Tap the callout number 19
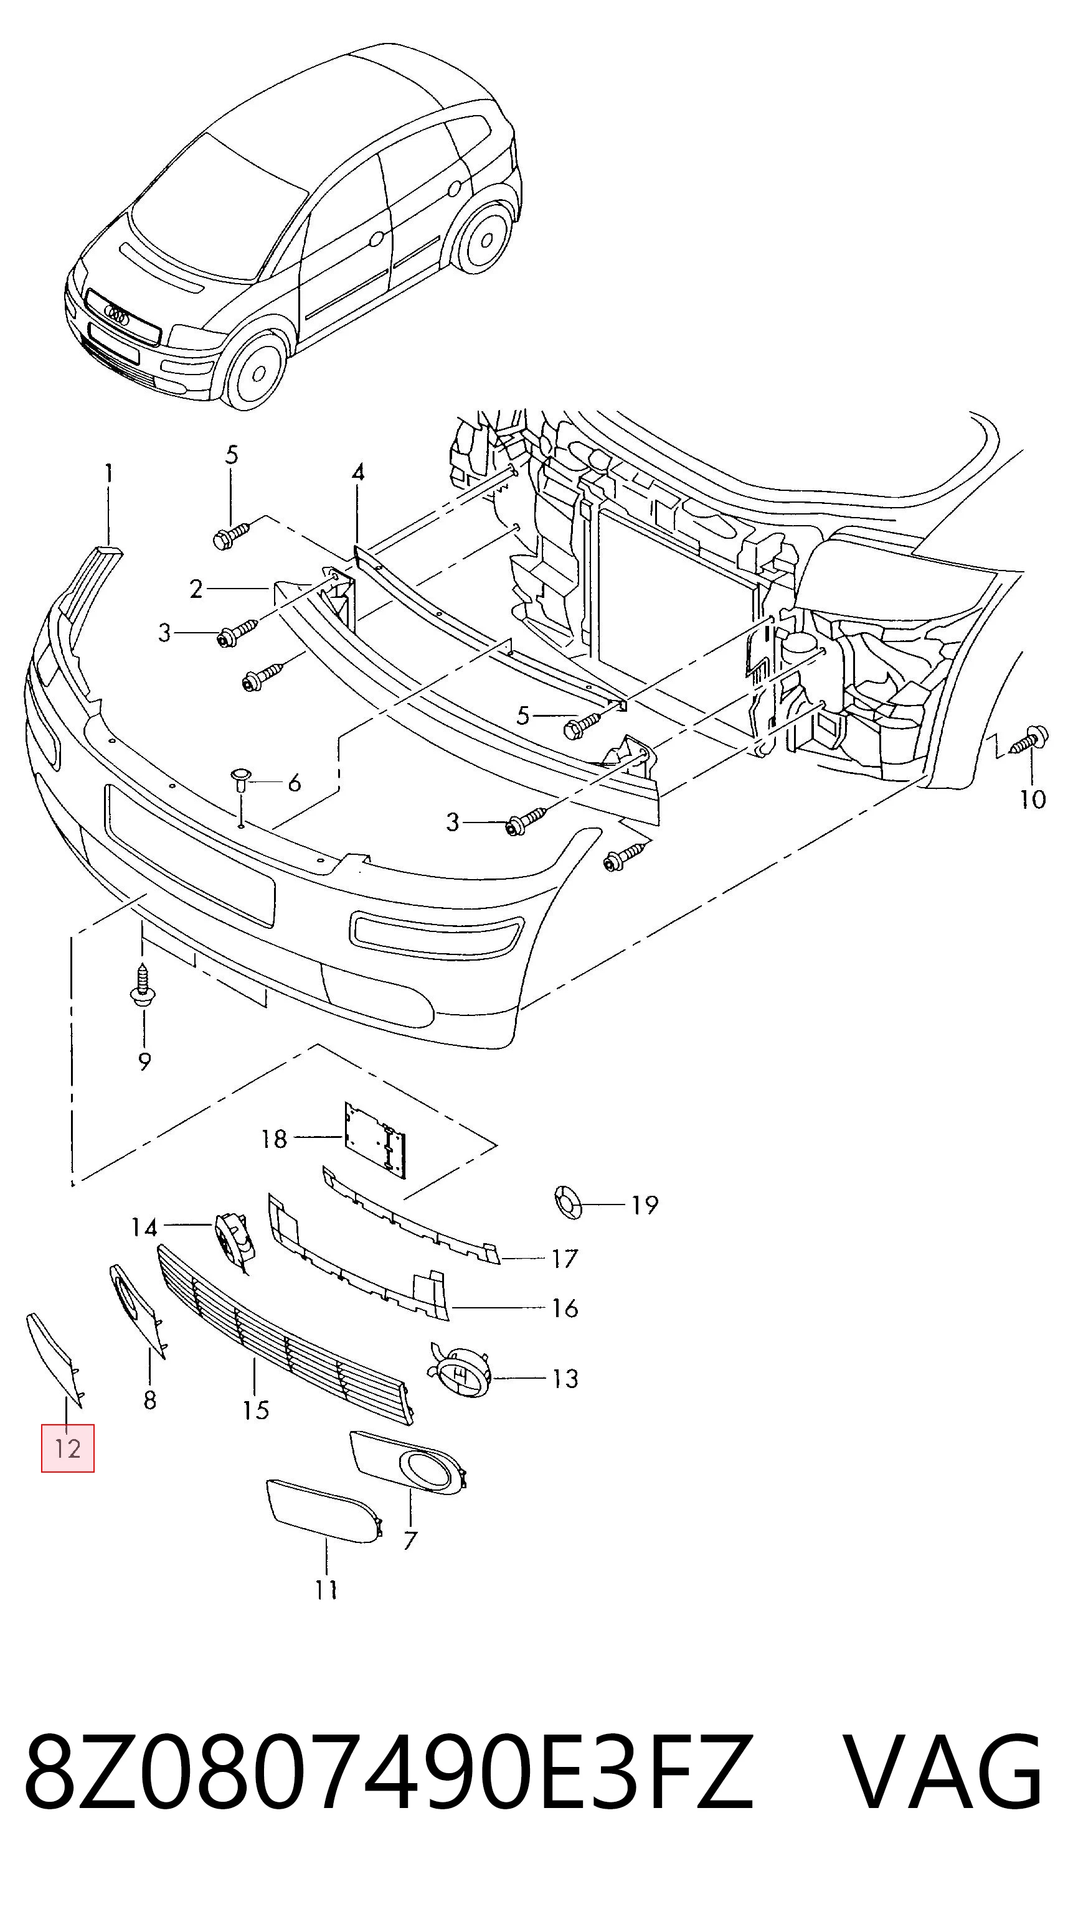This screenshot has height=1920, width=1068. point(645,1205)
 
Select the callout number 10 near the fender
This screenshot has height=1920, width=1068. point(1033,799)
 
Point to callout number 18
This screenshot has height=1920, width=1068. point(274,1139)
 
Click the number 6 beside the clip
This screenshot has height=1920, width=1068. point(295,783)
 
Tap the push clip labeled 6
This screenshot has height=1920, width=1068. point(240,780)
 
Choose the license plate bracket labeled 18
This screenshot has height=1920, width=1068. point(376,1140)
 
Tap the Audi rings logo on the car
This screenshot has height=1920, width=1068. point(117,315)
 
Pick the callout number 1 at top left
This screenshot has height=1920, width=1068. point(109,474)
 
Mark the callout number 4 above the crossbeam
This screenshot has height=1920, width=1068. point(358,473)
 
